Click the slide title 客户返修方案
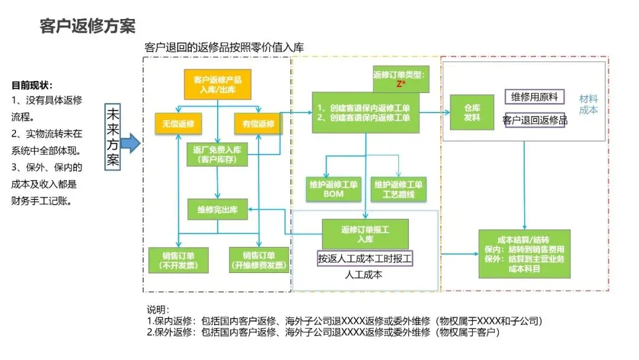[88, 26]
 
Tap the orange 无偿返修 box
[178, 124]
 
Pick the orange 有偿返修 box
[259, 124]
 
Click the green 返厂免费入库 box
[217, 154]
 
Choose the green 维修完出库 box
[217, 208]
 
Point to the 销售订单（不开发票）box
[178, 261]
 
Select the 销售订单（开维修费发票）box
[259, 261]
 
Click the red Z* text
[401, 84]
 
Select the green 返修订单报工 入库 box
[365, 234]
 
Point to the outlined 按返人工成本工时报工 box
[364, 258]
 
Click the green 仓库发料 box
[472, 112]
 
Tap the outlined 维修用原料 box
[535, 97]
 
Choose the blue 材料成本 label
[588, 104]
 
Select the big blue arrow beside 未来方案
[131, 143]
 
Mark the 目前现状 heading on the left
[32, 85]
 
